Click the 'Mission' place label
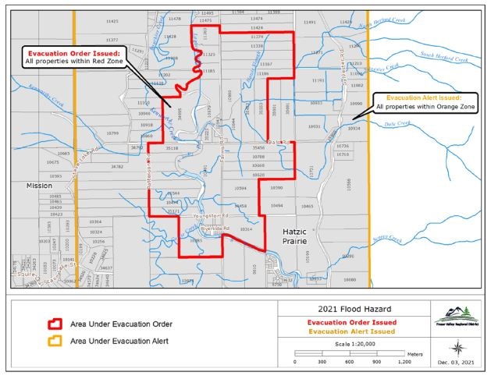click(38, 186)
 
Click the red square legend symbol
click(55, 324)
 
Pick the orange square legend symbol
click(55, 341)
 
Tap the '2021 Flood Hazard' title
click(350, 309)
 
